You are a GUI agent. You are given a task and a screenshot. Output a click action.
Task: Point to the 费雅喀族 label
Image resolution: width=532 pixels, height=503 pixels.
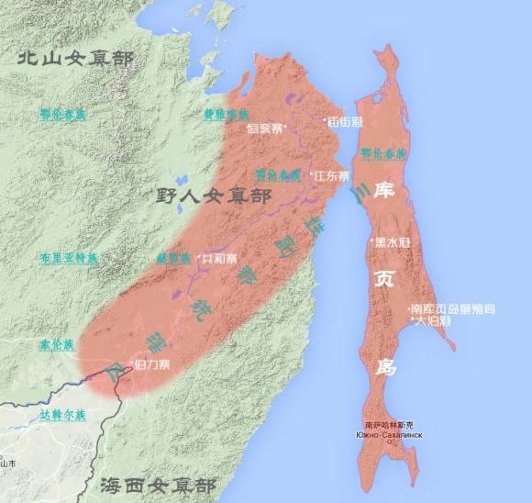pos(226,115)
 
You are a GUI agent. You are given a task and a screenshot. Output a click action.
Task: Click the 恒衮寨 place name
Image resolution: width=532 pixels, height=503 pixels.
pos(267,129)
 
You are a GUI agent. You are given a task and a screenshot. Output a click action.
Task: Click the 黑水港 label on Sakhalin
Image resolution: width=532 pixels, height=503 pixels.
pos(393,241)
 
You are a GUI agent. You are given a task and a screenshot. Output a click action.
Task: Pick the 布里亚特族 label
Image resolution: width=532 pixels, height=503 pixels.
pos(69,258)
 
